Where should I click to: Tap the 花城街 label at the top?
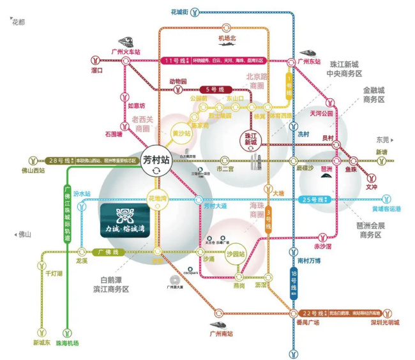click(x=179, y=11)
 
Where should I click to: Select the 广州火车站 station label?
click(x=125, y=52)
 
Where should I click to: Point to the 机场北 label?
click(x=227, y=38)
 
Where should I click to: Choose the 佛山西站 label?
click(x=34, y=170)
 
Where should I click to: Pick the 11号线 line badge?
click(x=176, y=61)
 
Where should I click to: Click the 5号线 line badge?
click(x=211, y=89)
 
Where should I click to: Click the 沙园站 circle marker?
click(x=236, y=253)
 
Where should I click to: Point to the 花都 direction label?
click(x=19, y=22)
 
